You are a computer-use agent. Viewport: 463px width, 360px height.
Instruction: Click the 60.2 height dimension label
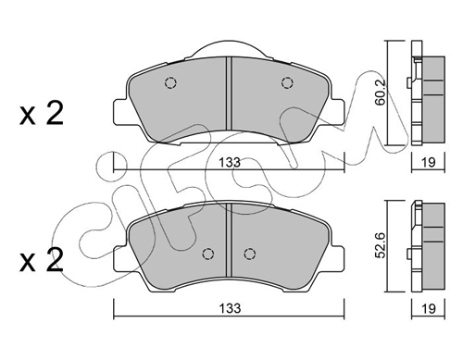[x=381, y=93]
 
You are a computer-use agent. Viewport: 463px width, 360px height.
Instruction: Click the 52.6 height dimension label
[x=381, y=245]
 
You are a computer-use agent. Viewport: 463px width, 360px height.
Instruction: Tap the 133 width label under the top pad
[x=230, y=162]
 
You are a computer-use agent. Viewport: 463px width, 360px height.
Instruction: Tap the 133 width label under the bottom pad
[x=230, y=308]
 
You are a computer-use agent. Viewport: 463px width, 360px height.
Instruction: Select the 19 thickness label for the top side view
[x=429, y=162]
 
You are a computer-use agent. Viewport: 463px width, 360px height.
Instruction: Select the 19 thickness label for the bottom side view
[x=429, y=308]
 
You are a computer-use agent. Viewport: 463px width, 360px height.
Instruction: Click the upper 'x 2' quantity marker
[x=42, y=113]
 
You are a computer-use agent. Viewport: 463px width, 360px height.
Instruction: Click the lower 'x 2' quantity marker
[x=42, y=260]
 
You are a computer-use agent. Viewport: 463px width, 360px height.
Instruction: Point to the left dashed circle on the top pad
[x=170, y=82]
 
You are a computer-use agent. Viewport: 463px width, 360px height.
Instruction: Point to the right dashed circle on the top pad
[x=287, y=82]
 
